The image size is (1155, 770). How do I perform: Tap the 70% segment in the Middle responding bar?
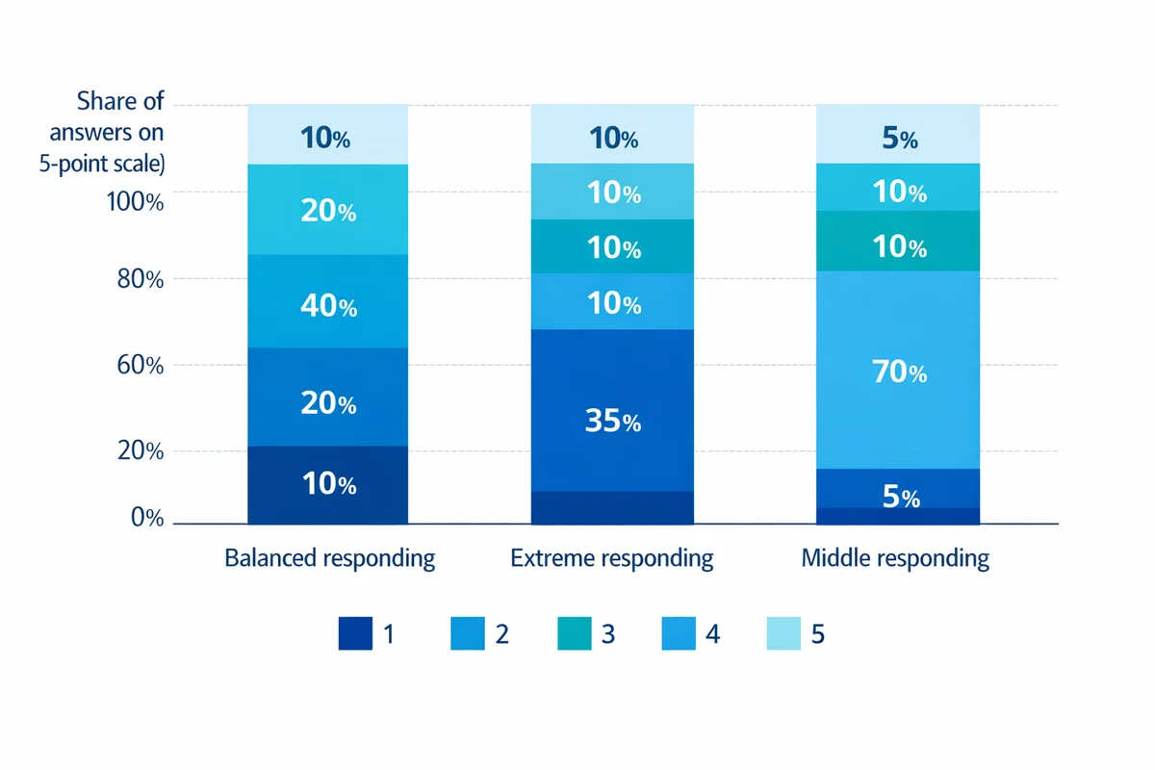(898, 370)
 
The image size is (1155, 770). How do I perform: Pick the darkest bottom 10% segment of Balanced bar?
(327, 485)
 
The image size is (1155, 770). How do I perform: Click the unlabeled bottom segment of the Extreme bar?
(612, 508)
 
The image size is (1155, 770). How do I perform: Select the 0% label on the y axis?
(144, 518)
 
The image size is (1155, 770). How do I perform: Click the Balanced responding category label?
(329, 558)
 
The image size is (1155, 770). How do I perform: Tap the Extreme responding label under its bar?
(612, 558)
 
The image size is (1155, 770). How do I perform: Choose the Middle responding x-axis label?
(895, 558)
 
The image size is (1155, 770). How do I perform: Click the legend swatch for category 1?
(355, 633)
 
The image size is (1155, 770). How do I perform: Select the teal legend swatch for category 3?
(574, 633)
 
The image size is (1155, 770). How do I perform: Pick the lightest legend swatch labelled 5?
(783, 633)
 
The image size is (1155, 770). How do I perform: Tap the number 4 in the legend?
(713, 634)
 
